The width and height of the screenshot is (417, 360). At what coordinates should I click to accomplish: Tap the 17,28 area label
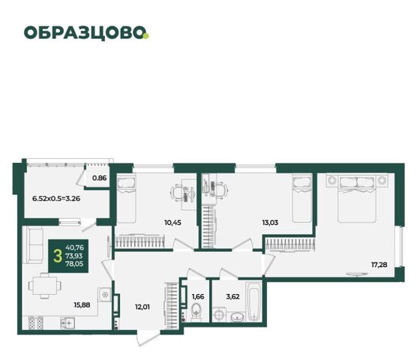(379, 265)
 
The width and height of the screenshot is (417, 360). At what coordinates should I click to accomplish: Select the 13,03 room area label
(270, 222)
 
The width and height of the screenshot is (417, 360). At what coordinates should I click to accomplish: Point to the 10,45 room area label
(172, 222)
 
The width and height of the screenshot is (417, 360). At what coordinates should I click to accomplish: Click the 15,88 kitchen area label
(82, 305)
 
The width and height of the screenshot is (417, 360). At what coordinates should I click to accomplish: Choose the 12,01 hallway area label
(142, 307)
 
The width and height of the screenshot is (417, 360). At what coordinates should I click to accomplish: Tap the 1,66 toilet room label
(198, 296)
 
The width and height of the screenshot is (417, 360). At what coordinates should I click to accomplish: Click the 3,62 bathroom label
(233, 296)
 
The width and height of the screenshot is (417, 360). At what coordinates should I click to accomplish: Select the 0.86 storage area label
(100, 178)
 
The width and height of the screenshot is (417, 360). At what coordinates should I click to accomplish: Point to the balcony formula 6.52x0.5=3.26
(56, 198)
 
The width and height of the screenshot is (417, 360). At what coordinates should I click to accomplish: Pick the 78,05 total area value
(74, 264)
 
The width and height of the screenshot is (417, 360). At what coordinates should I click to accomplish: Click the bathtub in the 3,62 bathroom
(254, 302)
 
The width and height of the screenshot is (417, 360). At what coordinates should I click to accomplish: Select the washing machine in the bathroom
(220, 314)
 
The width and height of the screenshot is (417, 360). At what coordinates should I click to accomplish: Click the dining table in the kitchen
(45, 286)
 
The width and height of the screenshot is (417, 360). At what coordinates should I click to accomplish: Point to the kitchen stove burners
(36, 323)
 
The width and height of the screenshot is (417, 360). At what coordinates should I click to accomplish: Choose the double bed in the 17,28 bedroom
(357, 198)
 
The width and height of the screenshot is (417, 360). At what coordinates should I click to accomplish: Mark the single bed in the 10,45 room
(126, 198)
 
